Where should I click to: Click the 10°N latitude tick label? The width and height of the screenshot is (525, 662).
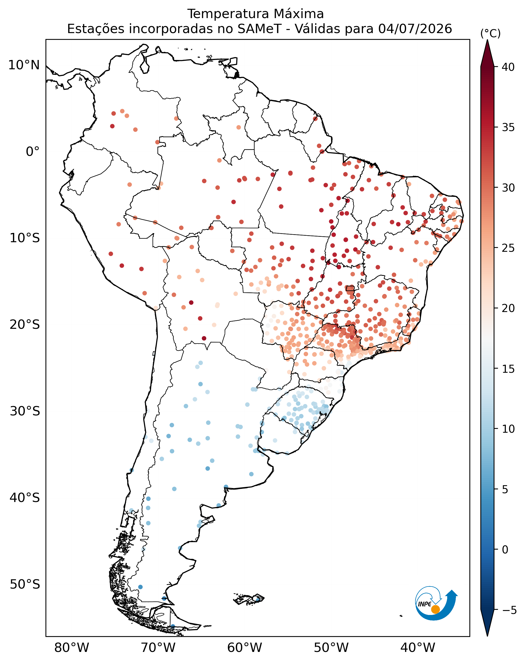(x=24, y=65)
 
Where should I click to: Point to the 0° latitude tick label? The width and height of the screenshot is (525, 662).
(x=33, y=151)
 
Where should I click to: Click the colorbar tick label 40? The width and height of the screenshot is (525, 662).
(x=508, y=67)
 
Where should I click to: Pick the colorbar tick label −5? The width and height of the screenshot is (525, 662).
(x=509, y=610)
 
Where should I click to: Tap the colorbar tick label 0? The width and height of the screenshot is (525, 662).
(x=505, y=550)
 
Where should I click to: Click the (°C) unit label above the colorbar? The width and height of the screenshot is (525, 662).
(x=490, y=33)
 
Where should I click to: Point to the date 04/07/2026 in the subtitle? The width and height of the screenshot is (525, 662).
(x=415, y=29)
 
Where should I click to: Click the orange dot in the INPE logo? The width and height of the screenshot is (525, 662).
(x=435, y=609)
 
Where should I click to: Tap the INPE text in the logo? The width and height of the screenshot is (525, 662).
(x=425, y=604)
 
